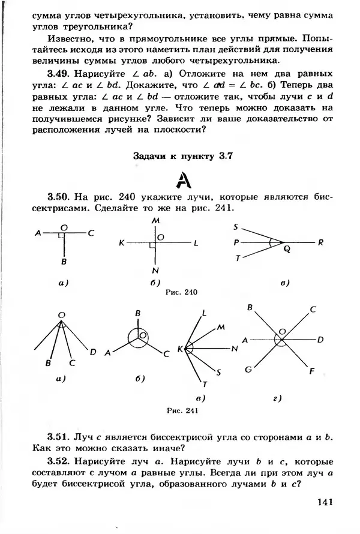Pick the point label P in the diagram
tap(236, 243)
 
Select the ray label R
tap(321, 242)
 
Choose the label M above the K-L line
tap(155, 221)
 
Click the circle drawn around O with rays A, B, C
tap(139, 340)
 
